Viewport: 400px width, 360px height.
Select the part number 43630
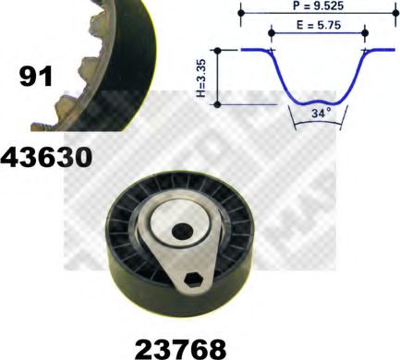47,157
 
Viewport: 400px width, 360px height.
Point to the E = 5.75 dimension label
317,26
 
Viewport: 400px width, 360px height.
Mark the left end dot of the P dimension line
241,15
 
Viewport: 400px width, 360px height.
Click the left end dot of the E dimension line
271,34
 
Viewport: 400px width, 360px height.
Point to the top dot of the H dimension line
216,51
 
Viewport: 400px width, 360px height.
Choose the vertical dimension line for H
216,78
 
